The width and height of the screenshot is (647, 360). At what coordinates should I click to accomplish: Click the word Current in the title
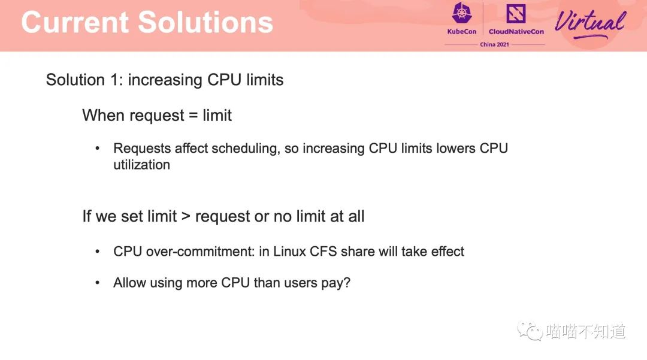click(75, 22)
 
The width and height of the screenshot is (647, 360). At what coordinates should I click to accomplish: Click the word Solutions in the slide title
click(205, 22)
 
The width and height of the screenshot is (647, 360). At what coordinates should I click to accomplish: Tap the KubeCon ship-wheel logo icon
click(462, 13)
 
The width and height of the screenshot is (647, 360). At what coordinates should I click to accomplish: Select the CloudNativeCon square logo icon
click(516, 14)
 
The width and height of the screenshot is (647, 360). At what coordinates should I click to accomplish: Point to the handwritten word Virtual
click(590, 23)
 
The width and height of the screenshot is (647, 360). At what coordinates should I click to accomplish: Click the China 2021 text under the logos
click(494, 44)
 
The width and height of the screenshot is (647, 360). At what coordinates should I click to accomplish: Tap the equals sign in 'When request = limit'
click(193, 116)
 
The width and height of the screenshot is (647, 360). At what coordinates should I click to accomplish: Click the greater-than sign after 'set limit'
click(186, 216)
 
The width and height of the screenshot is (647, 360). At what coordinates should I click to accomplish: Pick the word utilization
click(141, 165)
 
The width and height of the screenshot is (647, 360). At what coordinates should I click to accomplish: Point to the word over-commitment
click(200, 251)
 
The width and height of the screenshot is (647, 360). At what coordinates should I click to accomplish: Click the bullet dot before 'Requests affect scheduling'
click(98, 148)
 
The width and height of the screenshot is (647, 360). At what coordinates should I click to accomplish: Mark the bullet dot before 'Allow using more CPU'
click(98, 283)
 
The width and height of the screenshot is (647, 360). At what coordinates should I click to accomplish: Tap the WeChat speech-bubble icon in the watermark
click(530, 331)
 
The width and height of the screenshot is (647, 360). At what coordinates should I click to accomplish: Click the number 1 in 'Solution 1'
click(114, 80)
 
